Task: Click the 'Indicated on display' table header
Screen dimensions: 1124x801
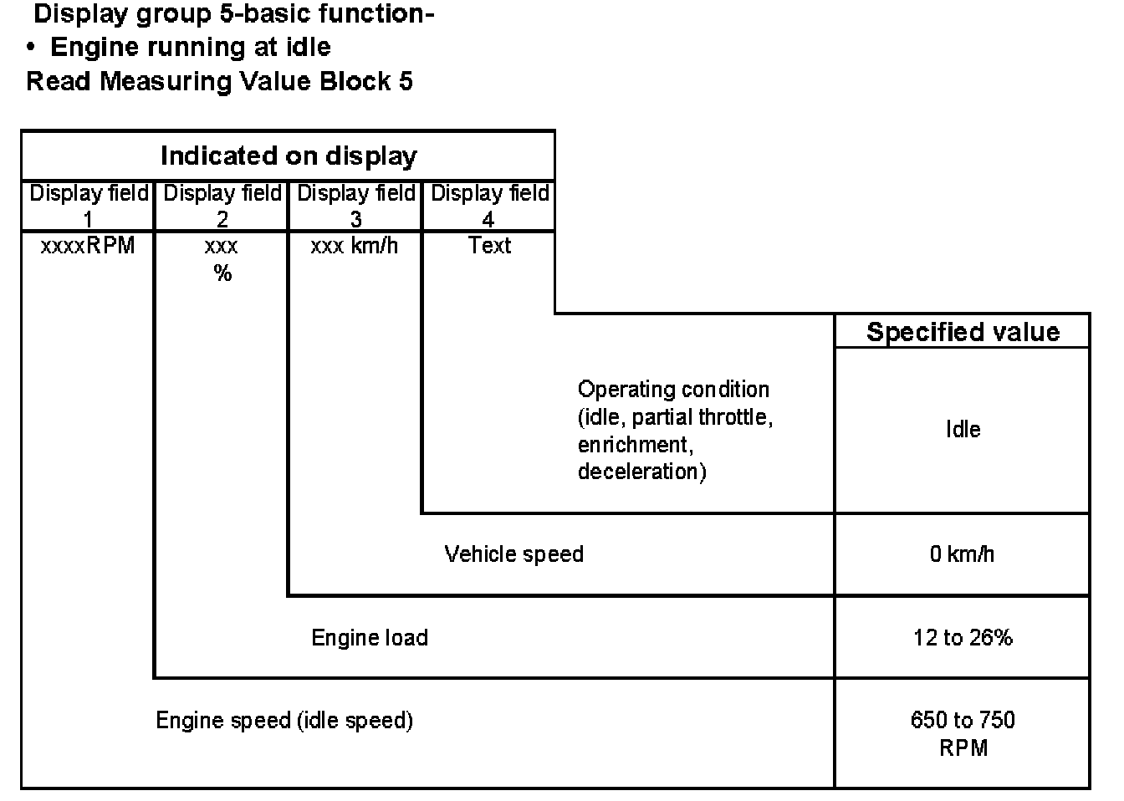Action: (288, 156)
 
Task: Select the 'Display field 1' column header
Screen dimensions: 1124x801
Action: (89, 206)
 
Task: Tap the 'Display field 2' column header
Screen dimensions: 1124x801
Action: (222, 206)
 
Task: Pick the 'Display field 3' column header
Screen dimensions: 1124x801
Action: (355, 206)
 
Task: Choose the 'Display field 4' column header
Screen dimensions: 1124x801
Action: (489, 206)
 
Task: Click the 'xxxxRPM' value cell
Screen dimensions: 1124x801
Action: (88, 246)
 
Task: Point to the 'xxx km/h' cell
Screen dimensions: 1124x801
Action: (355, 246)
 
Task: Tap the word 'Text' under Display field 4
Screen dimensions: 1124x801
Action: (489, 246)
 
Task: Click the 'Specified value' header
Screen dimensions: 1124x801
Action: (963, 332)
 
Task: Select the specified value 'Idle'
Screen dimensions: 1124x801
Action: (963, 430)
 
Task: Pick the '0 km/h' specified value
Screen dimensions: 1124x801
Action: (962, 554)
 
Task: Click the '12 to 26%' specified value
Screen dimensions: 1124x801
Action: (963, 638)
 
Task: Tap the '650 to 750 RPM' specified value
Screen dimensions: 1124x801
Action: (963, 733)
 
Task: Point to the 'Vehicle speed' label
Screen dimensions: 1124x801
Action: (513, 554)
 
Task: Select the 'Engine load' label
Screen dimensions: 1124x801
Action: (370, 638)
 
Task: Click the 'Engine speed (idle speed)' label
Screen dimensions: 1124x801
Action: (284, 721)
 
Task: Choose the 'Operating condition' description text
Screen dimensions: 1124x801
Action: (674, 430)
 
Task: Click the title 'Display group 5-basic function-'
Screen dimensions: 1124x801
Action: (233, 14)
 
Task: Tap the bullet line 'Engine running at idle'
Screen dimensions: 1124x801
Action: (190, 47)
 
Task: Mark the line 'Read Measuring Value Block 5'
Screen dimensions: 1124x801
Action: (219, 81)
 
